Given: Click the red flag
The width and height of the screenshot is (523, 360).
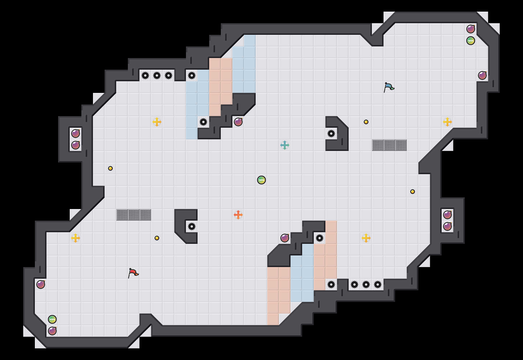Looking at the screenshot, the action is pyautogui.click(x=133, y=273).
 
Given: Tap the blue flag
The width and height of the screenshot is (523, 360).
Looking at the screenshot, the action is pyautogui.click(x=389, y=87).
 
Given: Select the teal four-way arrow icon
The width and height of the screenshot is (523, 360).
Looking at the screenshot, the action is pyautogui.click(x=285, y=145).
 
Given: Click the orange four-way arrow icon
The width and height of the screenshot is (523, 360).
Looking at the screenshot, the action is pyautogui.click(x=238, y=215).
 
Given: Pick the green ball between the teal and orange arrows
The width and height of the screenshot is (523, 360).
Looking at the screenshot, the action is pyautogui.click(x=261, y=180).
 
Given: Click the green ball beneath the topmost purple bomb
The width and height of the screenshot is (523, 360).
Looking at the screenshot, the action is pyautogui.click(x=471, y=41).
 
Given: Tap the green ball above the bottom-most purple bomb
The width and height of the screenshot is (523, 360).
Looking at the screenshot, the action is pyautogui.click(x=52, y=319).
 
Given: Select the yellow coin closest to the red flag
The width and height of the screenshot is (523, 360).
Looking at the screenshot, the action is pyautogui.click(x=157, y=238).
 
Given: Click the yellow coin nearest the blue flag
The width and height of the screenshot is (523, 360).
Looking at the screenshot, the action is pyautogui.click(x=366, y=122).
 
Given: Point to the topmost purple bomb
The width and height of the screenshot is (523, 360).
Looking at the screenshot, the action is pyautogui.click(x=471, y=29).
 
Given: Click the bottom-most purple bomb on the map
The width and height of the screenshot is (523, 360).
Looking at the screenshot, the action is pyautogui.click(x=52, y=331).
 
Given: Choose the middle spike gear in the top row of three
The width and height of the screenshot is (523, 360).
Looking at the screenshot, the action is pyautogui.click(x=157, y=75).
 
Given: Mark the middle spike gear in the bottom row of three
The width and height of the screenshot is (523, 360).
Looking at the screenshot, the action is pyautogui.click(x=366, y=285).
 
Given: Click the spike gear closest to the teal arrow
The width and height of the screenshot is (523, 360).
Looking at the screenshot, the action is pyautogui.click(x=331, y=134).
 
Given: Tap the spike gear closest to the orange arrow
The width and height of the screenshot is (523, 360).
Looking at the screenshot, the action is pyautogui.click(x=192, y=226).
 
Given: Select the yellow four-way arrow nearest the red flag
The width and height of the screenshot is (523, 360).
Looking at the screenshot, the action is pyautogui.click(x=76, y=238).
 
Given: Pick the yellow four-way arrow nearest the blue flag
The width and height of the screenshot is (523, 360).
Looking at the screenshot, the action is pyautogui.click(x=447, y=122).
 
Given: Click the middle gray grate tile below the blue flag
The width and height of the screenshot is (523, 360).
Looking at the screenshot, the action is pyautogui.click(x=389, y=145).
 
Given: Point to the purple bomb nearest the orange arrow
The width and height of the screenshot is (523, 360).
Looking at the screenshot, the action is pyautogui.click(x=285, y=238).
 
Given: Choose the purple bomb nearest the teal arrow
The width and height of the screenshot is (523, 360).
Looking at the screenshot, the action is pyautogui.click(x=238, y=122).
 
